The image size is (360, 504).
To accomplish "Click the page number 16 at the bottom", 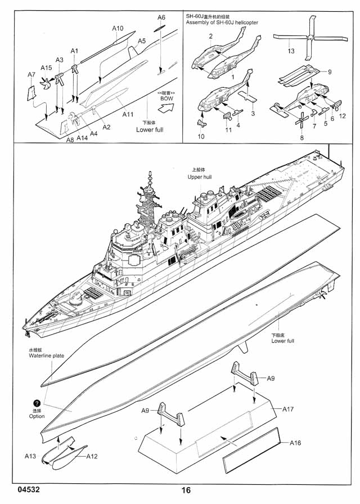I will (186, 490).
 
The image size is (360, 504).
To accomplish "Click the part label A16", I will (296, 443).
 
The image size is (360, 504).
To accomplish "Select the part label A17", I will (289, 409).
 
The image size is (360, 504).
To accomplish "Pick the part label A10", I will (118, 28).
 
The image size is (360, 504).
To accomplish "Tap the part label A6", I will (161, 17).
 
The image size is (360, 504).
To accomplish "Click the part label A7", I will (31, 74).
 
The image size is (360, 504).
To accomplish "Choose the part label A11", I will (128, 114).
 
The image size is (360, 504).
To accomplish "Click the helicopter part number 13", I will (291, 51).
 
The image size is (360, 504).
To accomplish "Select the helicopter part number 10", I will (201, 136).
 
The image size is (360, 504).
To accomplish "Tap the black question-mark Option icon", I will (37, 403).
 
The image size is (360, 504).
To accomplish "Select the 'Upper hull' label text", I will (200, 177).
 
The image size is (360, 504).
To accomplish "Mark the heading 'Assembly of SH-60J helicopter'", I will (222, 22).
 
